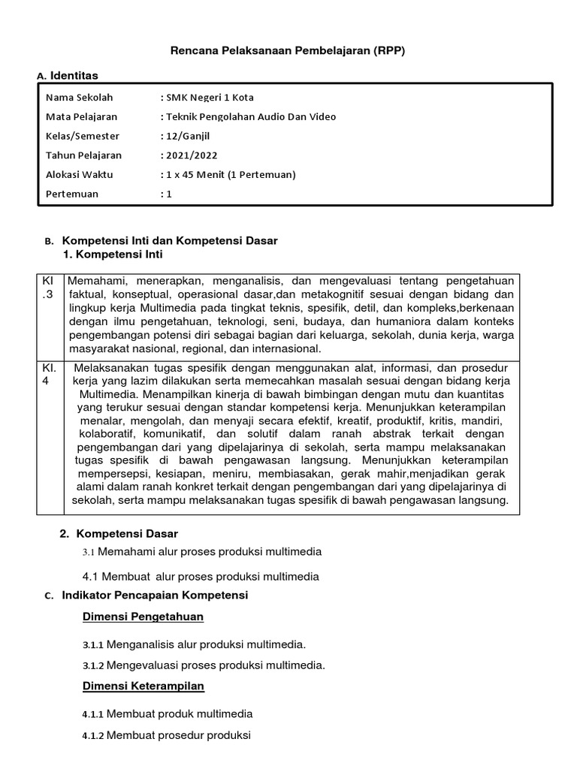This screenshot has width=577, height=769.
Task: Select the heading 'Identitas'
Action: pos(74,75)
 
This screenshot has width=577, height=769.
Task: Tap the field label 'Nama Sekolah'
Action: pos(75,98)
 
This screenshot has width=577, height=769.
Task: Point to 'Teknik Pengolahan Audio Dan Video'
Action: pos(248,116)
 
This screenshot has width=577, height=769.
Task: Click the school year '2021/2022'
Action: pos(190,155)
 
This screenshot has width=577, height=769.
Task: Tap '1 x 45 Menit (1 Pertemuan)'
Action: pos(228,174)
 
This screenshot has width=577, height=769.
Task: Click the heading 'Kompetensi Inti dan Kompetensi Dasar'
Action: pos(169,240)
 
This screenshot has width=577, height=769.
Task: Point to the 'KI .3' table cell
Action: pos(49,287)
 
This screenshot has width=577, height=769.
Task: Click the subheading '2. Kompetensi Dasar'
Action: pos(119,533)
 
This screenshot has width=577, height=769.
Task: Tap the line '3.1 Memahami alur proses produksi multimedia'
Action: pos(201,552)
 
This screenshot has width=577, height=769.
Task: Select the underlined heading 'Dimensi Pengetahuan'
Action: pos(143,617)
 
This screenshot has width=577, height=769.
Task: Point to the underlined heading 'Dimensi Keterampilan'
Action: pos(143,686)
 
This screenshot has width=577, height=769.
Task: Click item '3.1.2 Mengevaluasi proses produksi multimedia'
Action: pos(204,665)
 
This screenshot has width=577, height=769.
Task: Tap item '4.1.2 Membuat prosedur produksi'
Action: pos(166,735)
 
